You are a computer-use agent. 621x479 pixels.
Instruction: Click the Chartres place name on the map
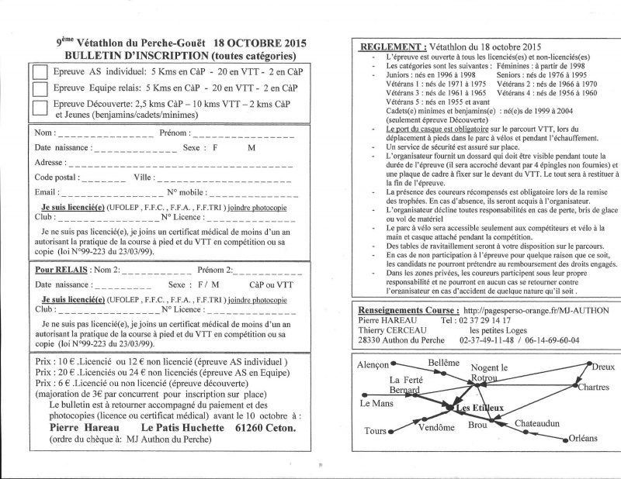[x=594, y=387]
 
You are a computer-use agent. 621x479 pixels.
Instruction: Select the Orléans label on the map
[x=583, y=438]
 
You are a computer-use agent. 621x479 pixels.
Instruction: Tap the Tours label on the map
[x=376, y=430]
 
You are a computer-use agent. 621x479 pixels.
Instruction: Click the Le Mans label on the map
[x=377, y=404]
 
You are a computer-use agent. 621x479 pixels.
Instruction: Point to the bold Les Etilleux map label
[x=479, y=408]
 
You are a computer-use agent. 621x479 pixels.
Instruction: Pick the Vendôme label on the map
[x=436, y=427]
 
